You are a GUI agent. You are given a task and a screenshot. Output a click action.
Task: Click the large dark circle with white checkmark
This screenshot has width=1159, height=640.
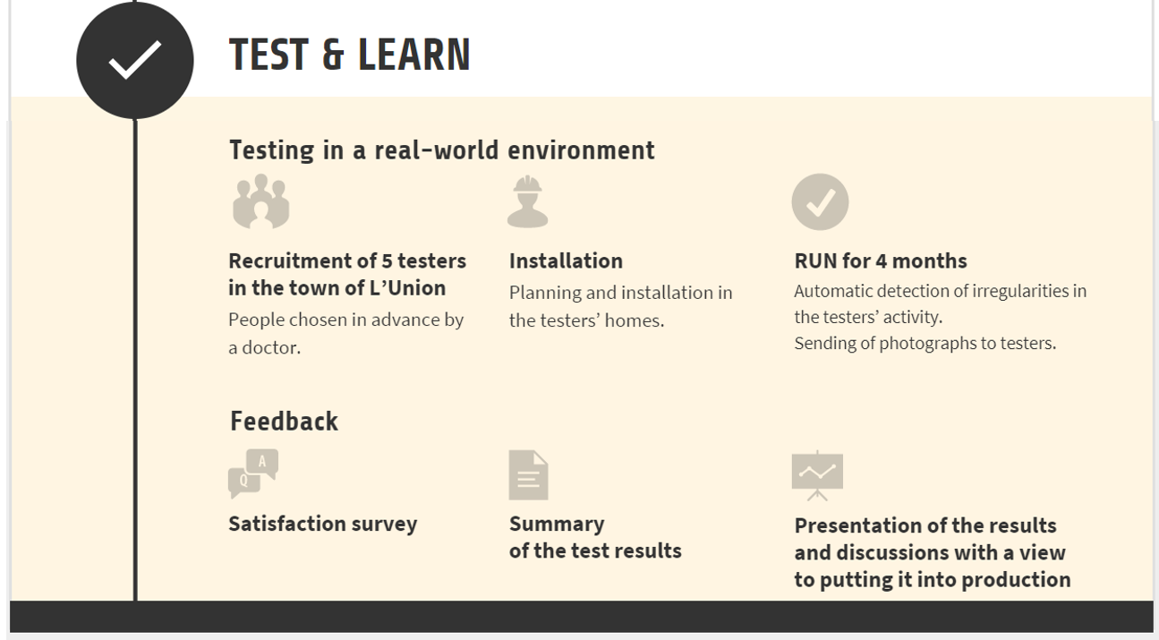[135, 61]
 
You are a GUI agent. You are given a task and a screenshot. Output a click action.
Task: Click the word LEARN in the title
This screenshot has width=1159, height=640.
[413, 55]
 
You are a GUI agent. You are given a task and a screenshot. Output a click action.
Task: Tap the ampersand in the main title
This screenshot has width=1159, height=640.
[333, 55]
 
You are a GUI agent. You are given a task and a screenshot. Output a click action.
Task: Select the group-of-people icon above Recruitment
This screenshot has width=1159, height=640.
[260, 201]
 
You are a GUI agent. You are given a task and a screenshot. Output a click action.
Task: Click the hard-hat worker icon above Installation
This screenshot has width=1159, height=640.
[527, 201]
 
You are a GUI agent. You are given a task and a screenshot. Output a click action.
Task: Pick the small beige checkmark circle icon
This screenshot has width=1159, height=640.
[820, 201]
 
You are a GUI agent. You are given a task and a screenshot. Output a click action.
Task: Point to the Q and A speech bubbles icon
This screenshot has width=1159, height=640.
[253, 474]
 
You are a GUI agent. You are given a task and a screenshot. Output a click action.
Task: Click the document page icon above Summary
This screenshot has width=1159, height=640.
[528, 475]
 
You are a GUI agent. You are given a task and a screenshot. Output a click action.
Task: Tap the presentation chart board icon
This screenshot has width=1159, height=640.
[817, 475]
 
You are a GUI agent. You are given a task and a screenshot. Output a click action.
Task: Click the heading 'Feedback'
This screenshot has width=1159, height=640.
[284, 422]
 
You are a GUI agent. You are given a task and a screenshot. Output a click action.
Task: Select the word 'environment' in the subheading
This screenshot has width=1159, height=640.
[581, 150]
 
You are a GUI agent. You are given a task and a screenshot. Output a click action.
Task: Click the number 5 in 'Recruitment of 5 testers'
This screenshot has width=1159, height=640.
[387, 260]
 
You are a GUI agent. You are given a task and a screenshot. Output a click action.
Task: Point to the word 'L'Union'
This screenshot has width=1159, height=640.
[408, 287]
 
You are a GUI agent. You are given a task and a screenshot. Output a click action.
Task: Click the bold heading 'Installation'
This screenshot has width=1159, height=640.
[566, 260]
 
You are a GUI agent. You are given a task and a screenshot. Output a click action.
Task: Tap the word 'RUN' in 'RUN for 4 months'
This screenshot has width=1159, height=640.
[814, 260]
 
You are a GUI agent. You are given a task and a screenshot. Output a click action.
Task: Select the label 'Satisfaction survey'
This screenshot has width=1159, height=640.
[323, 524]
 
